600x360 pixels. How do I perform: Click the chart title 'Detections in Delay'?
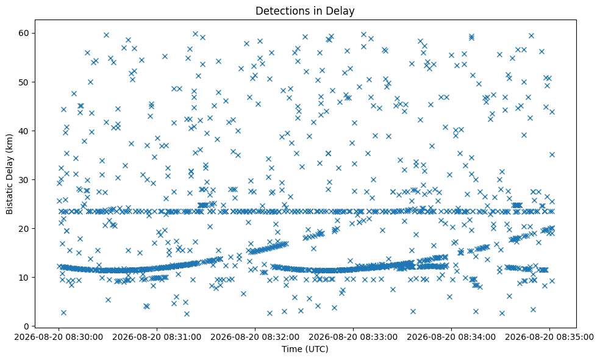[x=305, y=11]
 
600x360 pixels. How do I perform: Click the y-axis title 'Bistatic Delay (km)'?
[x=10, y=174]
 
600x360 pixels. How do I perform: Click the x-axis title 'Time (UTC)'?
[x=305, y=349]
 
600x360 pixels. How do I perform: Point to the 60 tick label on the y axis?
[x=24, y=34]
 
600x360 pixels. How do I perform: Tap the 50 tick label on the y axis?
[x=24, y=82]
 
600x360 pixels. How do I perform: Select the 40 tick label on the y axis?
[x=24, y=131]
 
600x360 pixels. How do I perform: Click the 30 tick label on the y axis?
[x=24, y=179]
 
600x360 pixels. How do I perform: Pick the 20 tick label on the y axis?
[x=24, y=229]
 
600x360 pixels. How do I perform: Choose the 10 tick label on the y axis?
[x=24, y=277]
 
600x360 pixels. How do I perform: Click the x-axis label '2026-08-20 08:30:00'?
[x=59, y=337]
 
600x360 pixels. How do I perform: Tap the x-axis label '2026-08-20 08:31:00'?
[x=157, y=337]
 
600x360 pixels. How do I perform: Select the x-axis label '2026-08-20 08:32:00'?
[x=255, y=337]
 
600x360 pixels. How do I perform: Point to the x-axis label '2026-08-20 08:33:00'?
[x=353, y=337]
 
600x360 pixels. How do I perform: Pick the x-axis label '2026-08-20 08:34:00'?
[x=452, y=337]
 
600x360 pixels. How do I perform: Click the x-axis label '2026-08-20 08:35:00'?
[x=549, y=337]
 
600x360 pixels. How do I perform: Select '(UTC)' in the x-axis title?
[x=316, y=349]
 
